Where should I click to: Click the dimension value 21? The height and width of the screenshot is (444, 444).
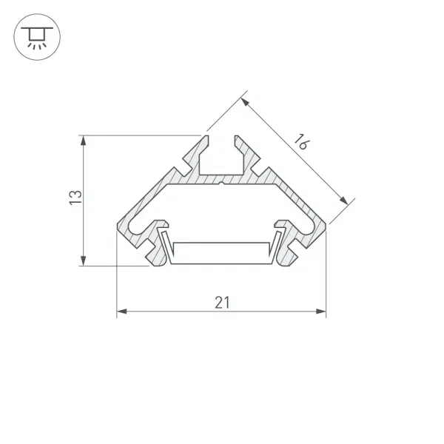pos(222,303)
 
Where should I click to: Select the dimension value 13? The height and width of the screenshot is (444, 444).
pos(75,198)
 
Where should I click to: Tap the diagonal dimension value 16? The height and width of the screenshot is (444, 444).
pos(302,141)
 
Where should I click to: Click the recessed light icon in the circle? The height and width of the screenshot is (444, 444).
pos(37,37)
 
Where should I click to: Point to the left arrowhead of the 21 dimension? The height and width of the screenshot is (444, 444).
pos(122,312)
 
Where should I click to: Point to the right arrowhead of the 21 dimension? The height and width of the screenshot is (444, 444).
pos(321,312)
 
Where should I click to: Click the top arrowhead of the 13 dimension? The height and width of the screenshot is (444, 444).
pos(83,141)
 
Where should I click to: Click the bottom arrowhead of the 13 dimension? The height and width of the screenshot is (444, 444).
pos(83,260)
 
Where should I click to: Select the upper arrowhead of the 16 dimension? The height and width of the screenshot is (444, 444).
pos(245,102)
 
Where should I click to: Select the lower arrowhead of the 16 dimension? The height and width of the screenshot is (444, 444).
pos(344,201)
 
